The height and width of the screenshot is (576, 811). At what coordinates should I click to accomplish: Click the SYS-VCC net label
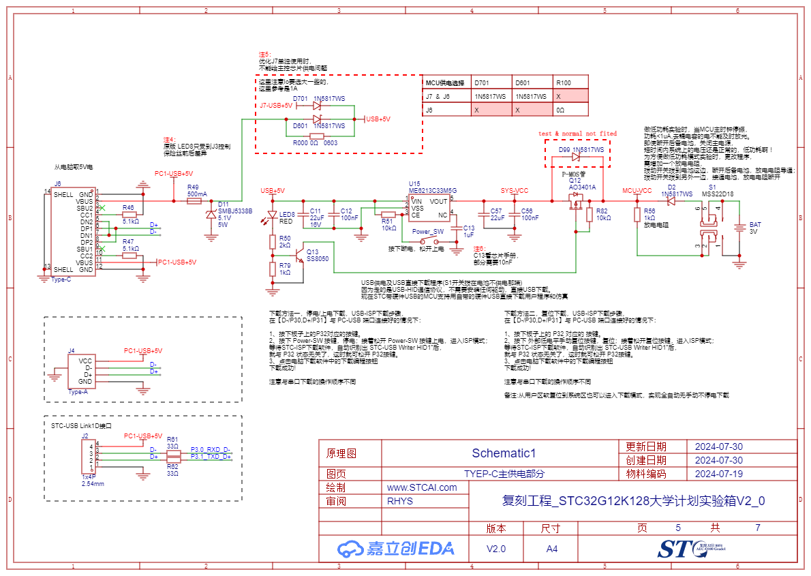(515, 191)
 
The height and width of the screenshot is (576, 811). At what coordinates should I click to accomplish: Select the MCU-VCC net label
(637, 191)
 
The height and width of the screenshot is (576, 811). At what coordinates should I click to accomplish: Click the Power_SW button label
(428, 231)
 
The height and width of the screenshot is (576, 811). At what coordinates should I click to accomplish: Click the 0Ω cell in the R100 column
(562, 110)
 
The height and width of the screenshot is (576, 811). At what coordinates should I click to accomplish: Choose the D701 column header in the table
(481, 82)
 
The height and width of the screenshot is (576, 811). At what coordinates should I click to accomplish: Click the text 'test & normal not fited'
(577, 134)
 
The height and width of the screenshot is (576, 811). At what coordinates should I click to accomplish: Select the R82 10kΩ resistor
(589, 215)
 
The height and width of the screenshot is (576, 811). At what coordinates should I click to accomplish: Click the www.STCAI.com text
(422, 487)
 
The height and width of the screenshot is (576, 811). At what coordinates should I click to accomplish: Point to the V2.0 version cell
(496, 549)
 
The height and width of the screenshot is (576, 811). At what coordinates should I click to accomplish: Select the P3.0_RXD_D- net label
(211, 449)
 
